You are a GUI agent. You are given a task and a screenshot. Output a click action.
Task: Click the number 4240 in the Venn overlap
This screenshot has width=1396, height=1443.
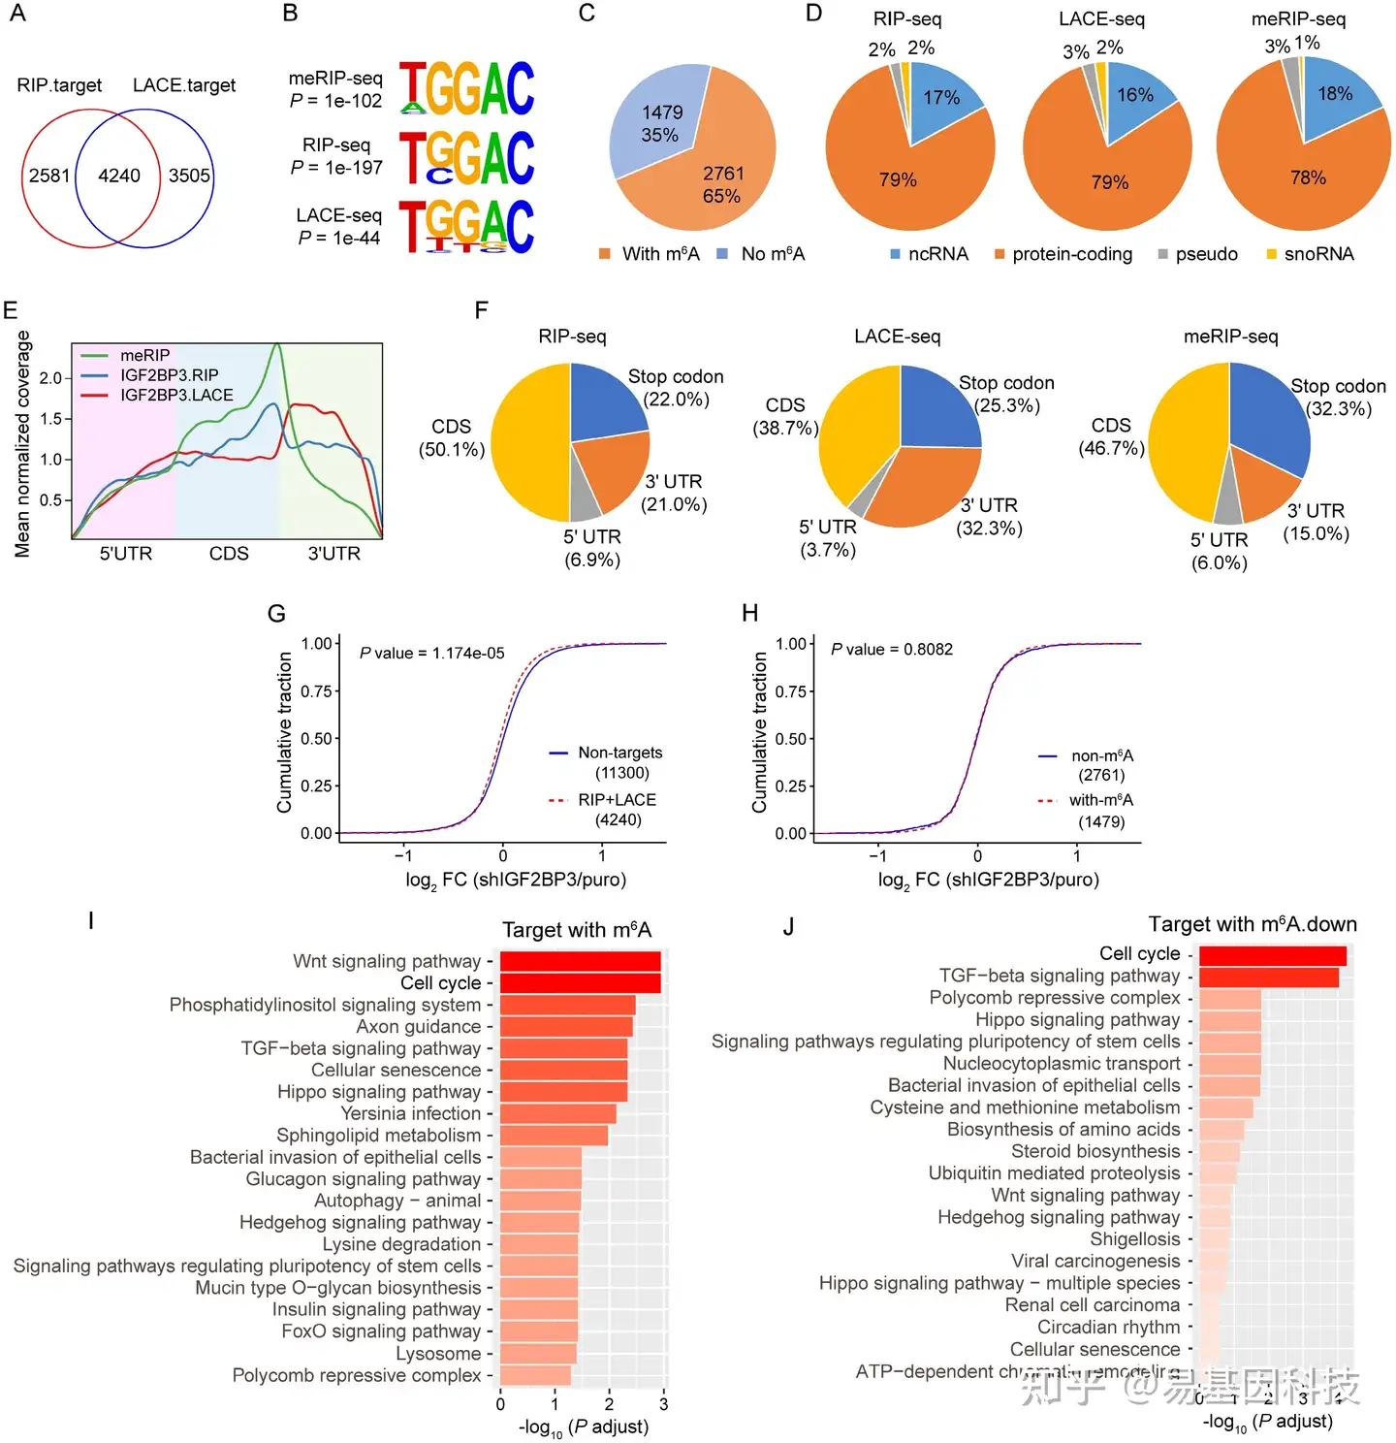(x=119, y=176)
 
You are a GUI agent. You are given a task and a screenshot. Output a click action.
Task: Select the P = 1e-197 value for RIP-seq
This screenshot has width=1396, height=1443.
(x=336, y=168)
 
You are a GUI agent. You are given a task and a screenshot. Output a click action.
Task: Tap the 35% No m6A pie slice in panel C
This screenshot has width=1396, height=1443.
(x=654, y=121)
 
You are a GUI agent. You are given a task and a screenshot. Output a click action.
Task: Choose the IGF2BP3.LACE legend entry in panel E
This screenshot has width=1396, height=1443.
(x=176, y=396)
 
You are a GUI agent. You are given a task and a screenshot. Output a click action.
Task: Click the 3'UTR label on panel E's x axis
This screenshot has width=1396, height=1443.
(x=334, y=554)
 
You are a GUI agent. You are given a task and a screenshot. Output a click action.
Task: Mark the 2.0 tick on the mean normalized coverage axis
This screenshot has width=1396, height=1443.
(x=50, y=378)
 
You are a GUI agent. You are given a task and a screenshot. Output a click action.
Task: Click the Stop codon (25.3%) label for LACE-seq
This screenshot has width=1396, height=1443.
(x=1006, y=394)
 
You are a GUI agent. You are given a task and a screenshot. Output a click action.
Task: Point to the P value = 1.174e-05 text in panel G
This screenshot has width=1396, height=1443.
(x=432, y=654)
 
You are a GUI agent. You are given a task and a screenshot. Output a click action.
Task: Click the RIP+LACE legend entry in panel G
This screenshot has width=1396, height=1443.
(x=617, y=800)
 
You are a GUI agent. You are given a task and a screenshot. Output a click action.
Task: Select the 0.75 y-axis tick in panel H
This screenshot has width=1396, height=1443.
(x=791, y=691)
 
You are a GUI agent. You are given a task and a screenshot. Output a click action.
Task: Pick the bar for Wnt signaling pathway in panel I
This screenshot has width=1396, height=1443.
(x=580, y=961)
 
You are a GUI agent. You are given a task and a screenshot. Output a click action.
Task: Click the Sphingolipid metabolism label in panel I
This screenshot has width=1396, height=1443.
(x=379, y=1136)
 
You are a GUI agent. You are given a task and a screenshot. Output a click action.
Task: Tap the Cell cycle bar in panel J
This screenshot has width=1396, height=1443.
(x=1272, y=955)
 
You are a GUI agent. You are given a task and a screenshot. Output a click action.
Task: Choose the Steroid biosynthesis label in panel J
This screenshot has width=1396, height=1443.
(x=1095, y=1152)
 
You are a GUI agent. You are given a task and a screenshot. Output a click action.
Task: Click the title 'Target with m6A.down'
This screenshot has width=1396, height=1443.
(x=1253, y=924)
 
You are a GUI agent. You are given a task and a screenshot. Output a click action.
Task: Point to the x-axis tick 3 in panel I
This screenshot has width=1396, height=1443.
(x=664, y=1404)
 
